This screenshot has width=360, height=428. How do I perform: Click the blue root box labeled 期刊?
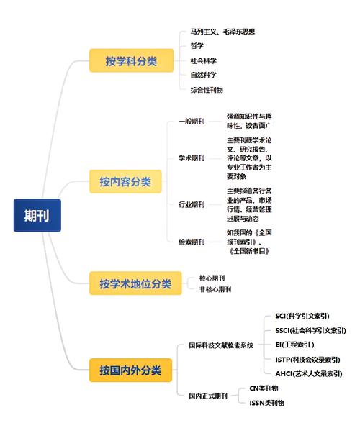coord(37,215)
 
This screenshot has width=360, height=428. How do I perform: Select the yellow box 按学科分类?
coord(131,60)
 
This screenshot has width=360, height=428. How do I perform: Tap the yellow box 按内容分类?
coord(125,181)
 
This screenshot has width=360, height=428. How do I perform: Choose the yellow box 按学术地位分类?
coord(135,283)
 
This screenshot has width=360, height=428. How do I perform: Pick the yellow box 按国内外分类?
coord(130,370)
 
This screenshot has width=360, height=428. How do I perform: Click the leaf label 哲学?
coord(197,45)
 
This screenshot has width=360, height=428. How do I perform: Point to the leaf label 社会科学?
coord(204,60)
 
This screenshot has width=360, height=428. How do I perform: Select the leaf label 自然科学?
coord(204,75)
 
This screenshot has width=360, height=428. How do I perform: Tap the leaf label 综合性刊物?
coord(207,90)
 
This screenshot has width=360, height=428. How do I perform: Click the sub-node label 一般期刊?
coord(192,121)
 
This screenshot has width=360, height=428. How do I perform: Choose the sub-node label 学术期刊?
coord(192,158)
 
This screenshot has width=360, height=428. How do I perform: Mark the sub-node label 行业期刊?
coord(192,204)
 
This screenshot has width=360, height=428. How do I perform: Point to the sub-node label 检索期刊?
coord(192,242)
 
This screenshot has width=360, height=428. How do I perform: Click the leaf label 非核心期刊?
coord(215,289)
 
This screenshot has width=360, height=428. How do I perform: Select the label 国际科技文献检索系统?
coord(221,345)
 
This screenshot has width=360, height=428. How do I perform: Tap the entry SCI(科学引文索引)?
coord(302,316)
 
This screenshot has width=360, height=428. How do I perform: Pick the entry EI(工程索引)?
coord(294,345)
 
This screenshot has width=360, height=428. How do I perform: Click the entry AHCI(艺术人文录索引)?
coord(309,373)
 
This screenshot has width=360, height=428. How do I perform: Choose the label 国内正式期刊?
coord(208,396)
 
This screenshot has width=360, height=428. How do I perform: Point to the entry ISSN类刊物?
coord(266,403)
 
